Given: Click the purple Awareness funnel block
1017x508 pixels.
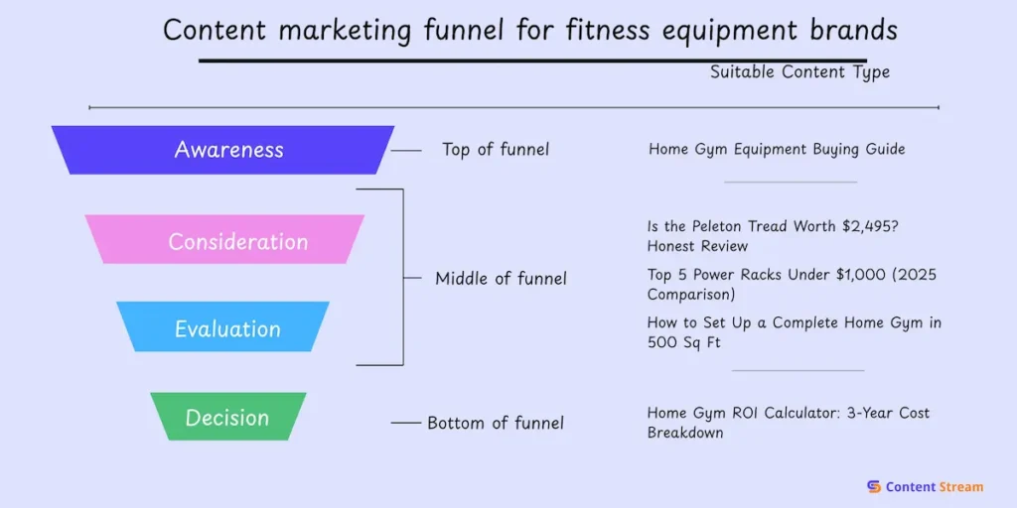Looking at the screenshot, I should [224, 150].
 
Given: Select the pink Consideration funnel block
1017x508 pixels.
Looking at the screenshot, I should [225, 240].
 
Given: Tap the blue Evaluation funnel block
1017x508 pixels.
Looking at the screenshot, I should [223, 327].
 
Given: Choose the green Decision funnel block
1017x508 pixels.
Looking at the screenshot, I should [227, 417].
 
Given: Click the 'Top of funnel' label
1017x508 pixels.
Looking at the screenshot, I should [495, 150].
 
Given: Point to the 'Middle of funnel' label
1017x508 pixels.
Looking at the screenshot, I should [501, 279].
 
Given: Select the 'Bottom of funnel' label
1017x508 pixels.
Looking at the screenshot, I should [495, 423].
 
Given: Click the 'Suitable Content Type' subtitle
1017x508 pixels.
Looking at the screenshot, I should [799, 72].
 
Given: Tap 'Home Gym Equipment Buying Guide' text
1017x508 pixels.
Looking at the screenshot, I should [777, 150].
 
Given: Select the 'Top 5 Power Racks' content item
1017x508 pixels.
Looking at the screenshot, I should [792, 284].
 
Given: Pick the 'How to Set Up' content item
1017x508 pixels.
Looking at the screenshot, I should [794, 332].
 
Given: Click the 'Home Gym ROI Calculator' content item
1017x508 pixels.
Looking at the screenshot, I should [788, 423].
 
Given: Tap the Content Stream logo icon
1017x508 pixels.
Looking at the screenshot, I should [874, 486].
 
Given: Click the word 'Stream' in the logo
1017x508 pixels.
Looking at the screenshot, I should [960, 486].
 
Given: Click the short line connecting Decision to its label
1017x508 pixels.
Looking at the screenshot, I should [405, 423].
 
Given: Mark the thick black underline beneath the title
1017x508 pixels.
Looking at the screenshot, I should [532, 60].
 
